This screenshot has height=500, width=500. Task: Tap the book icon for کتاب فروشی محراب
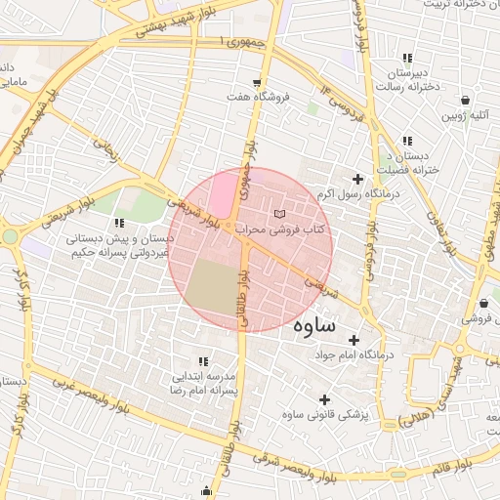(280, 213)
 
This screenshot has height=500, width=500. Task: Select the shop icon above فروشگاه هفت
(257, 82)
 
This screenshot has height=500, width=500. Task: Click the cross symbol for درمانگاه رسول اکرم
(357, 179)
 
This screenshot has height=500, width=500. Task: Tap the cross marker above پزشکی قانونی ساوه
(325, 399)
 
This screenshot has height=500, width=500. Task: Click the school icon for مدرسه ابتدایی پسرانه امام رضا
(203, 360)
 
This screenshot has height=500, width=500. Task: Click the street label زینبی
(107, 152)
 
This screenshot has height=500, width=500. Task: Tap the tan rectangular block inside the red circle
(213, 288)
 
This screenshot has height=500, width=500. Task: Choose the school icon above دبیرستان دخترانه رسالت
(406, 59)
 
